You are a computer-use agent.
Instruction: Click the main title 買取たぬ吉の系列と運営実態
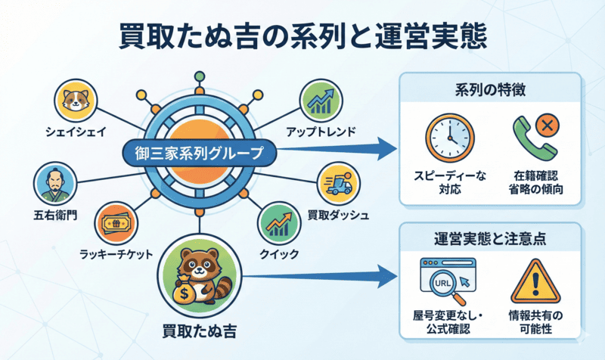[x=302, y=36]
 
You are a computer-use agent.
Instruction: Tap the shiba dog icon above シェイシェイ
[x=75, y=101]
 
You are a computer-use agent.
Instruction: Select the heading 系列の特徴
[x=491, y=91]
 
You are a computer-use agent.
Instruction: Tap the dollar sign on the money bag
[x=185, y=294]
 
